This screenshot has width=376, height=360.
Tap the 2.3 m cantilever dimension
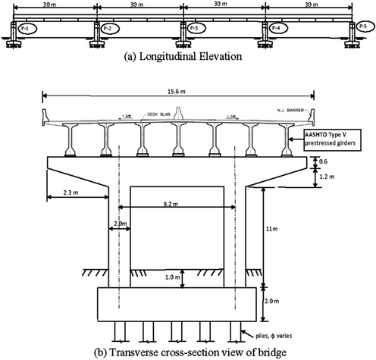pos(67,194)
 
